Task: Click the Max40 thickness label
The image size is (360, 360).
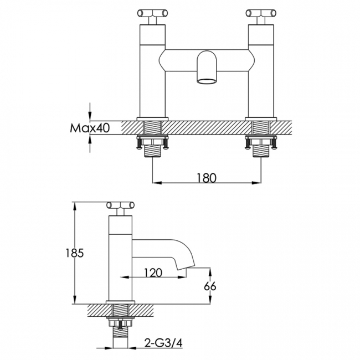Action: [90, 128]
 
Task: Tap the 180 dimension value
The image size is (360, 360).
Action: [207, 178]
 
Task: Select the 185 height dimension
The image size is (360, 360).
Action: [75, 253]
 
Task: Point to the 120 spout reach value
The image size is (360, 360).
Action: [153, 272]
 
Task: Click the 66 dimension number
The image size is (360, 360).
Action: [210, 286]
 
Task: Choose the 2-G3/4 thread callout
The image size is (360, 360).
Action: [163, 343]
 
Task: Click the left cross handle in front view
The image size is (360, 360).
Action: [152, 13]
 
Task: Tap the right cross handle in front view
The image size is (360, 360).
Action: [261, 13]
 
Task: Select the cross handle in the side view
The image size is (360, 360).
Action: [120, 205]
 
